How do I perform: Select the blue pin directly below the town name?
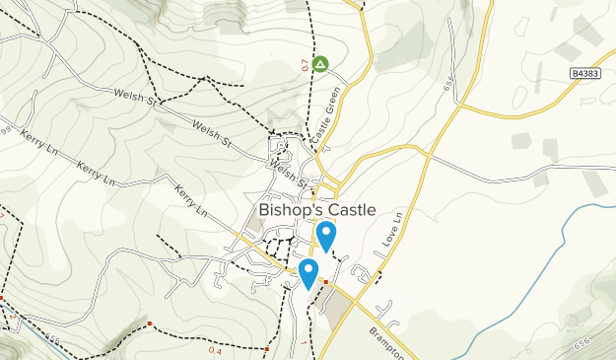pyautogui.click(x=326, y=237)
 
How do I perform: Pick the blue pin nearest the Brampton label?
pyautogui.click(x=309, y=273)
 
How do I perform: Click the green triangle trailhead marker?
pyautogui.click(x=320, y=64)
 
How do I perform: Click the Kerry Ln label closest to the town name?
pyautogui.click(x=192, y=200)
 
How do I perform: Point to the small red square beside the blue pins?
pyautogui.click(x=325, y=281)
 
